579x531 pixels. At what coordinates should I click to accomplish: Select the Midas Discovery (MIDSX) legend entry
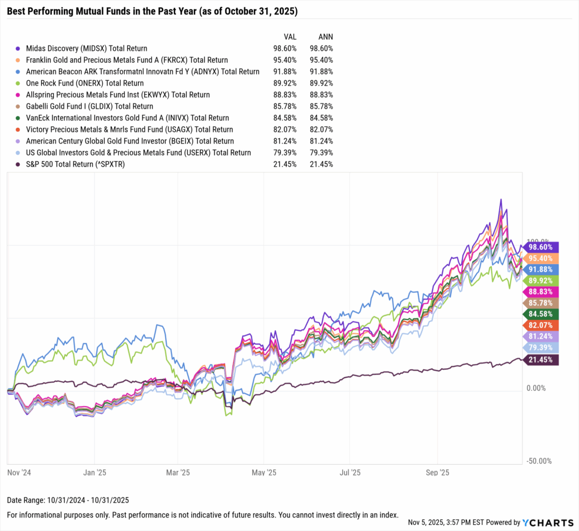coord(82,49)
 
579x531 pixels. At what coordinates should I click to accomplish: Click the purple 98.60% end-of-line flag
coord(541,247)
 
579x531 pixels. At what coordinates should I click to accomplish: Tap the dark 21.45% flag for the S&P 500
coord(541,360)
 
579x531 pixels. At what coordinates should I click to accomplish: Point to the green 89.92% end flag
coord(541,281)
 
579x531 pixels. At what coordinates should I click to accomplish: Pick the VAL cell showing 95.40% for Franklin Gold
coord(282,60)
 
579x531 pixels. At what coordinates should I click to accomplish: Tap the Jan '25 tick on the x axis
coord(94,471)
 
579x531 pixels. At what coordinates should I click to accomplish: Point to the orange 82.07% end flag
coord(541,326)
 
